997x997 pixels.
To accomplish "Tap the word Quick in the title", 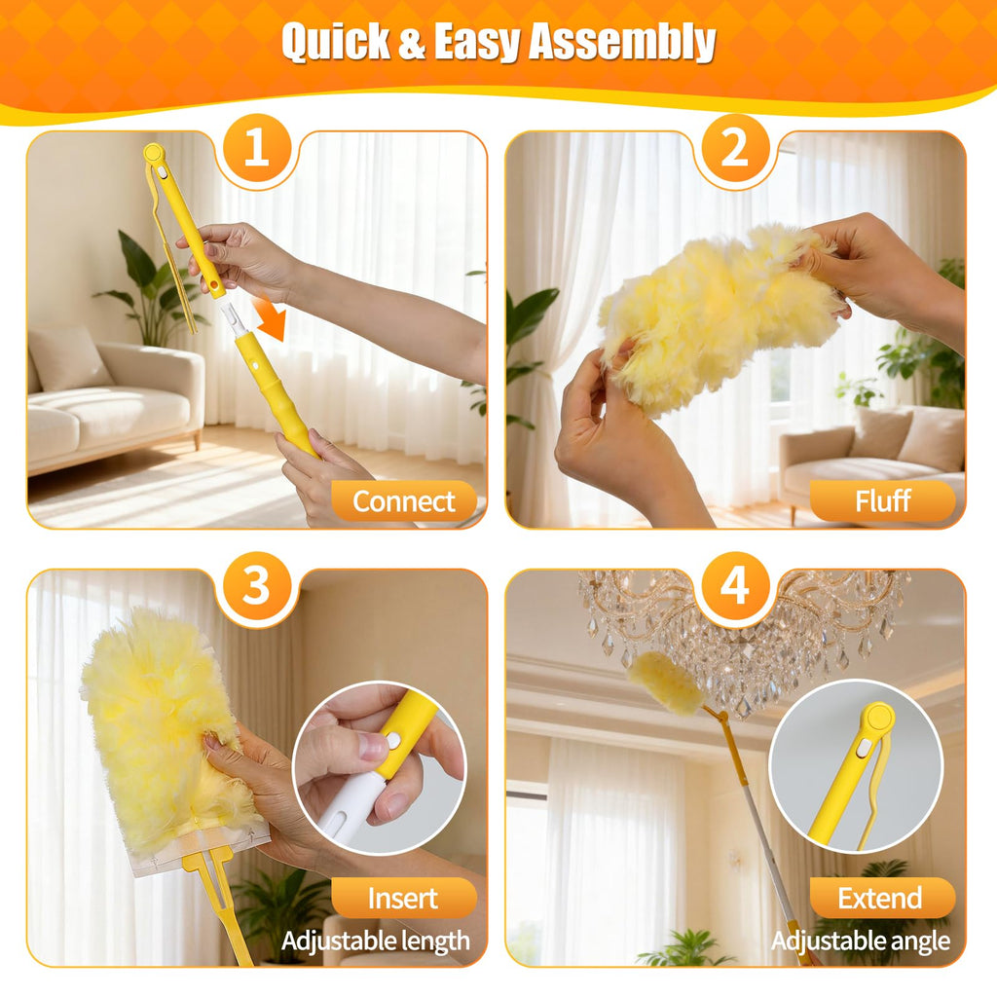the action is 336,42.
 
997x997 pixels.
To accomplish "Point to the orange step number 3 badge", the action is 256,585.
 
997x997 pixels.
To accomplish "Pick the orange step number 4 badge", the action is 734,585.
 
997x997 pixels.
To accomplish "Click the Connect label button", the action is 404,501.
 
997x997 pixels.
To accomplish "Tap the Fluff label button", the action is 882,501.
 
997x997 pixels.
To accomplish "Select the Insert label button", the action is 404,898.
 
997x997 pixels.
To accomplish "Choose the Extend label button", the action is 882,898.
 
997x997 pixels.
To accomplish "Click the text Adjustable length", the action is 376,942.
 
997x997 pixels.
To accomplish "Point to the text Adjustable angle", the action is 861,942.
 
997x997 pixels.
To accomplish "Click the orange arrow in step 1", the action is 270,319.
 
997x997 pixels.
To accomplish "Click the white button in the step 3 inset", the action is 392,741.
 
